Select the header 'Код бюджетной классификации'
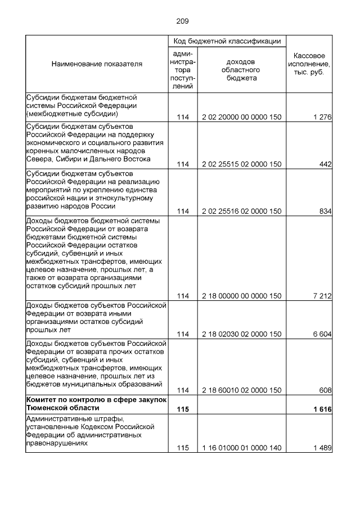[x=227, y=42]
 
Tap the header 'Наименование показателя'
[x=97, y=64]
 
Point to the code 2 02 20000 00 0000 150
[x=241, y=117]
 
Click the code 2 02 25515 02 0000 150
[x=241, y=164]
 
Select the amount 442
[x=325, y=164]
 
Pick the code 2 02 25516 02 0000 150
[x=241, y=211]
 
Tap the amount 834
[x=325, y=211]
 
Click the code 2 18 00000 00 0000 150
[x=241, y=296]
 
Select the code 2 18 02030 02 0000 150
[x=241, y=334]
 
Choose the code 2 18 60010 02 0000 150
[x=241, y=390]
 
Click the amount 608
[x=325, y=390]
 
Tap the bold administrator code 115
[x=183, y=409]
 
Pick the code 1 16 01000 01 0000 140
[x=241, y=448]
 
